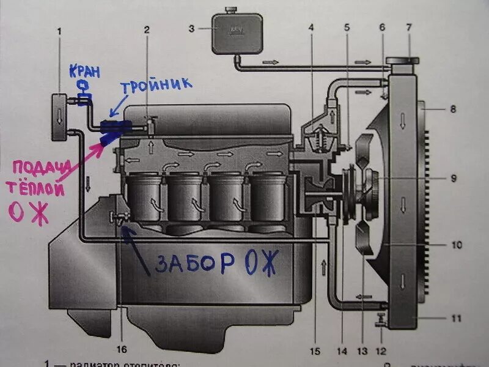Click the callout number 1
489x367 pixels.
59,31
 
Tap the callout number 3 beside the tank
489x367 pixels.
191,28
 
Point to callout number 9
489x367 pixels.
453,179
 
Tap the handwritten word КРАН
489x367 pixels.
82,69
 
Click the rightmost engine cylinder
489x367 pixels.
268,197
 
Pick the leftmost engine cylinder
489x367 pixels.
144,197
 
